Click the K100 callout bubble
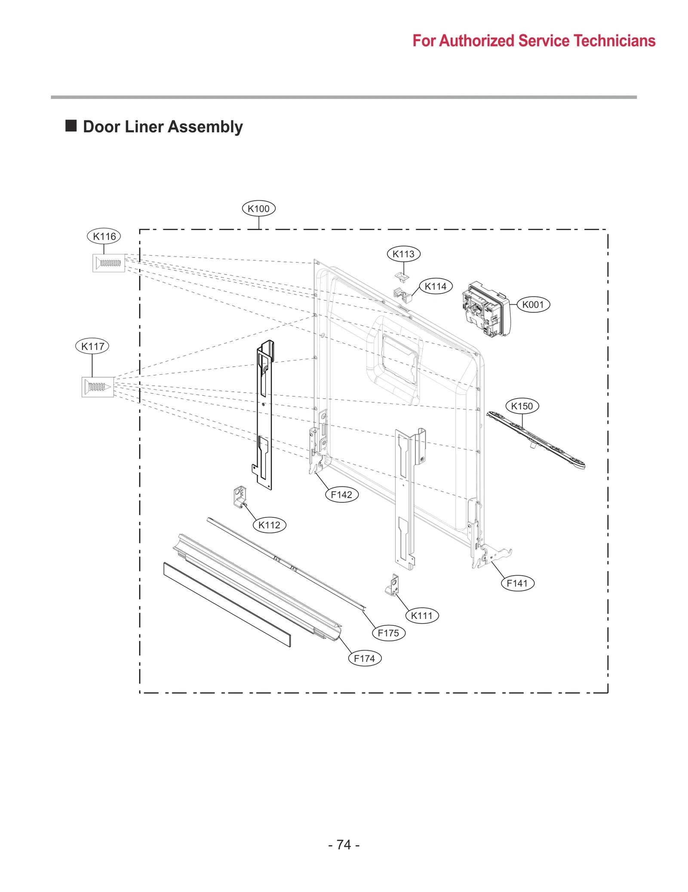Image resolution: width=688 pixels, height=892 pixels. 258,209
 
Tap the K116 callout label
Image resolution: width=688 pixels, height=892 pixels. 104,236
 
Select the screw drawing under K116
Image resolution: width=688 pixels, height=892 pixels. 109,263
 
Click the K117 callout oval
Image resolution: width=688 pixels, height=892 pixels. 92,346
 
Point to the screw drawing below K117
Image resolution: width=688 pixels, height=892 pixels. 98,387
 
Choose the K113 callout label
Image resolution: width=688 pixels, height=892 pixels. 403,254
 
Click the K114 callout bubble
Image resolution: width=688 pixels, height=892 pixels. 436,286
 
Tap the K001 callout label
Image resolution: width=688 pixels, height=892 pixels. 533,305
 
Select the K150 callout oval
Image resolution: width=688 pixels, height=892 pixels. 522,406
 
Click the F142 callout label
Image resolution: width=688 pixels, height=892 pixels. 341,495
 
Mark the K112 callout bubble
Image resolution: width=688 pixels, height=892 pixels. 269,525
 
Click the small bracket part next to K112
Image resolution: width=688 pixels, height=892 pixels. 240,496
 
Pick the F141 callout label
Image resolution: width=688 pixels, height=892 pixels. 517,583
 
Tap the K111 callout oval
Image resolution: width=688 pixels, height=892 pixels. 421,615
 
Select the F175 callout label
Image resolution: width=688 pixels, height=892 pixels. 388,633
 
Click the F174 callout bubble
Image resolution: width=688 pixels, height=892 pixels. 364,658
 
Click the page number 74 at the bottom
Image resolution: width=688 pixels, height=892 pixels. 344,845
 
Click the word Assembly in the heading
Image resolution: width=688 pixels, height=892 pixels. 205,127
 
